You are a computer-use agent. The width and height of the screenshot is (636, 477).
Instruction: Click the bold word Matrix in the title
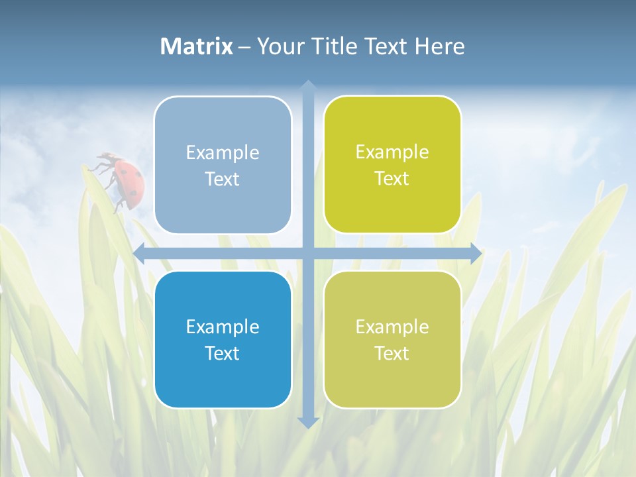pos(197,46)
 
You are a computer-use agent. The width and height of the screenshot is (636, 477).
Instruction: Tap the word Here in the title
pos(439,46)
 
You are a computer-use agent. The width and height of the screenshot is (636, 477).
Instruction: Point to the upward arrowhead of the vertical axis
pos(307,86)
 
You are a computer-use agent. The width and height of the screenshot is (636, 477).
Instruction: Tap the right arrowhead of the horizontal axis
pos(476,253)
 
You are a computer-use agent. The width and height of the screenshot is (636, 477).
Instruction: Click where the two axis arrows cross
pos(307,253)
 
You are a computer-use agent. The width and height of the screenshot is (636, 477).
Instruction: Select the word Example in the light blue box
pos(223,153)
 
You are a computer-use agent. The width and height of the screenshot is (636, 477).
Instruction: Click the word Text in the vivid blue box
pos(223,353)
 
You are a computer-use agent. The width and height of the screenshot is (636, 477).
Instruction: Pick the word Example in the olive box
pos(392,327)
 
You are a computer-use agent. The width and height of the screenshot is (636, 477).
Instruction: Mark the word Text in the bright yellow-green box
pos(392,178)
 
